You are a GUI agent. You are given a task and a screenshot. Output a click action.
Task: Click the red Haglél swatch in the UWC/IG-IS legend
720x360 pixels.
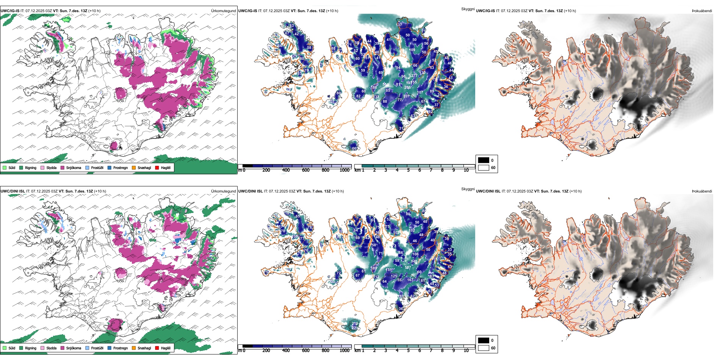coord(157,167)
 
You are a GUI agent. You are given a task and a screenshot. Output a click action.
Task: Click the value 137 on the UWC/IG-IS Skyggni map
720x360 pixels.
coord(399,25)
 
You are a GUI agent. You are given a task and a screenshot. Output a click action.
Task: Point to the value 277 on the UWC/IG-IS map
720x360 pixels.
coord(414,76)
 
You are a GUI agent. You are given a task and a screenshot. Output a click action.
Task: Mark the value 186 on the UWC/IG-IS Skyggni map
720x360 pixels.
coord(374,88)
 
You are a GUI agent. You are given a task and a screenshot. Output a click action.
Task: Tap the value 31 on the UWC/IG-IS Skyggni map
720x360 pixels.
coord(401,128)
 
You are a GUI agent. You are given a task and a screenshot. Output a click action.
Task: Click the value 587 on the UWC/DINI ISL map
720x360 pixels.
coord(408,268)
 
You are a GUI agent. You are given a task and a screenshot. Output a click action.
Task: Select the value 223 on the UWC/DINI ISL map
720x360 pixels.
coord(355,328)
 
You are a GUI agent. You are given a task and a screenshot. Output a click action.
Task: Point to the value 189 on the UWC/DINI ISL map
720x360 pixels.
coord(374,268)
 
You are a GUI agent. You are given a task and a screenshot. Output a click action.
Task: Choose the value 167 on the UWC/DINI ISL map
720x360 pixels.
coord(410,280)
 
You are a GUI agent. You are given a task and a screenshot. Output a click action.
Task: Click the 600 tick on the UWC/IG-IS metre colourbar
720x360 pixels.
coord(306,170)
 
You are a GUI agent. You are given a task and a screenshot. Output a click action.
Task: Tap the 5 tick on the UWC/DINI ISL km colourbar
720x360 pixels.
coord(409,351)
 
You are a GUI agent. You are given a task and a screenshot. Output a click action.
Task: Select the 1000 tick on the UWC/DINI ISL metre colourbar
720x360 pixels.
coord(344,351)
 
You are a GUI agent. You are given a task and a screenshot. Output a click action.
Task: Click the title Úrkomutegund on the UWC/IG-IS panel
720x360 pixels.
coord(223,11)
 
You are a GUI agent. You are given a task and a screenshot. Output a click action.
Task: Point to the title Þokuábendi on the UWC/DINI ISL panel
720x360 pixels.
coord(702,191)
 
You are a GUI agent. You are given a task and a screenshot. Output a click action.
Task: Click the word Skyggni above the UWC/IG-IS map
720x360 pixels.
coord(468,9)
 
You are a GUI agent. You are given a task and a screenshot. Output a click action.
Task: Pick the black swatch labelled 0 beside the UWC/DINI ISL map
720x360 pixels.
coord(483,340)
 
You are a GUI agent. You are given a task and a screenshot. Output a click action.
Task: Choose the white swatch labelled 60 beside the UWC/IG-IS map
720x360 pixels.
coord(483,167)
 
